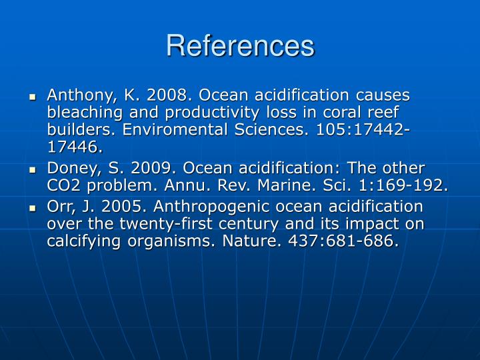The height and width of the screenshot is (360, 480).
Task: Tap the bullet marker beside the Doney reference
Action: pos(33,170)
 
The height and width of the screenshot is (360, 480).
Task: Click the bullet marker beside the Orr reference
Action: pos(33,208)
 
